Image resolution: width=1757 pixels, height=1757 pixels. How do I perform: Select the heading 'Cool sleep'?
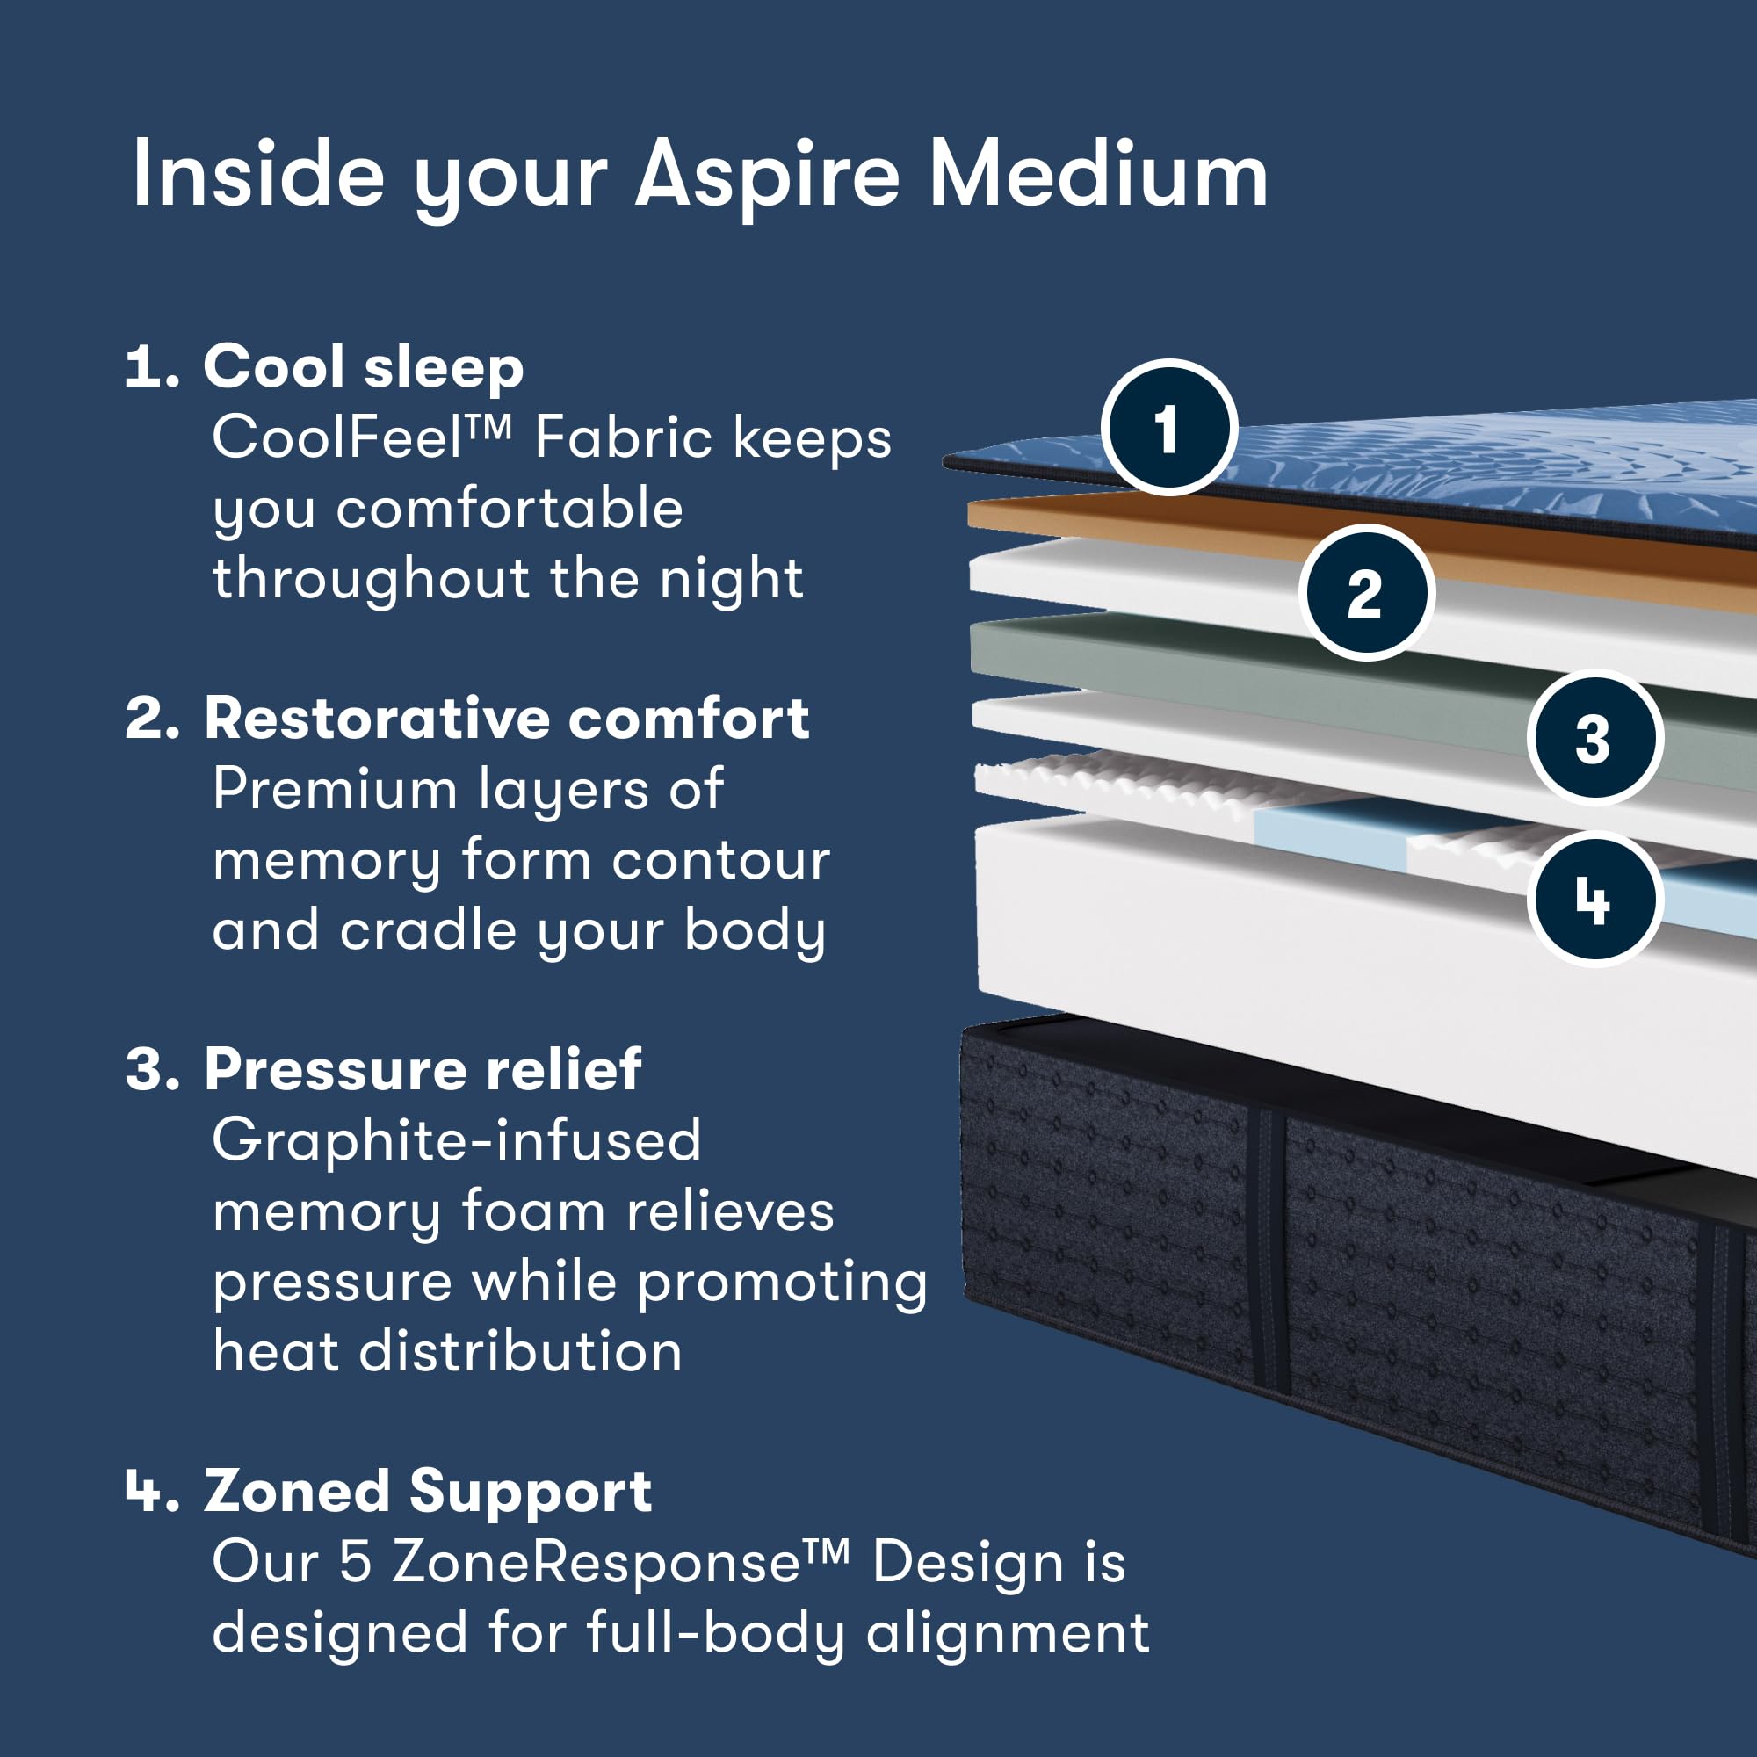364,367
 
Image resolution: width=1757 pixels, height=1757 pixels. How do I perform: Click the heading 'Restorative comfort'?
507,719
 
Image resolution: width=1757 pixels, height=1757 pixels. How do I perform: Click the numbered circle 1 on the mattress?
1168,428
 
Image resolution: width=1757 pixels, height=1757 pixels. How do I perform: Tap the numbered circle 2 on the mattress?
1366,593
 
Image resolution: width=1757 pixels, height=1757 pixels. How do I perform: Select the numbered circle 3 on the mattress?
1595,738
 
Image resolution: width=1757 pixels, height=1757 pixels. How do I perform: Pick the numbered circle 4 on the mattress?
1595,900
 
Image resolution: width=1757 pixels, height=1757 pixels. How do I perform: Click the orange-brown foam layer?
1182,528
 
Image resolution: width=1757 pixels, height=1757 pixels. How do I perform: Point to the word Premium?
335,789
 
